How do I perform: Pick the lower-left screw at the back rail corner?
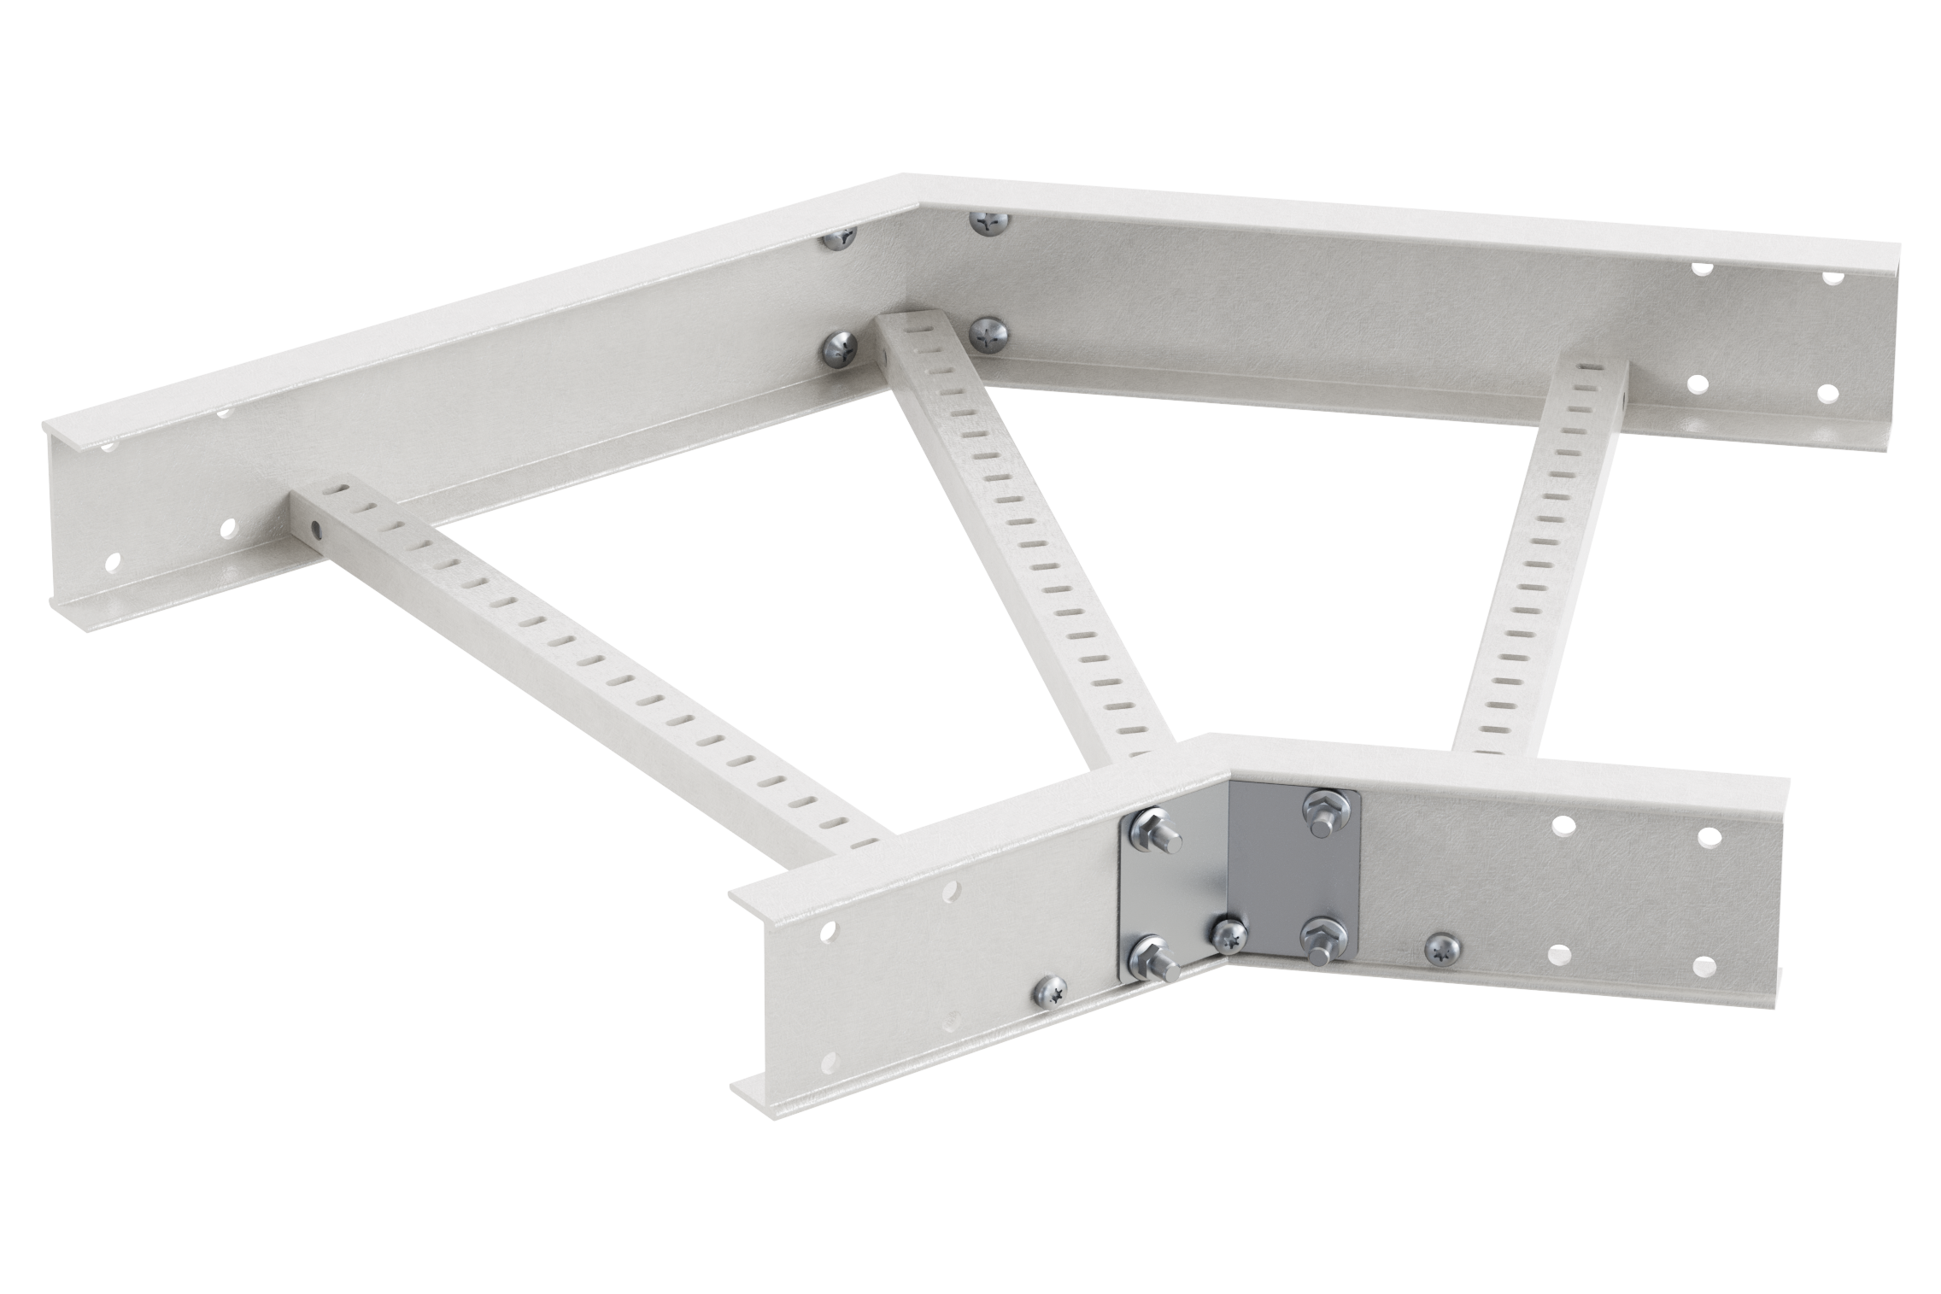(x=835, y=348)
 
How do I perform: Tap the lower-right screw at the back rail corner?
(x=989, y=333)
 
